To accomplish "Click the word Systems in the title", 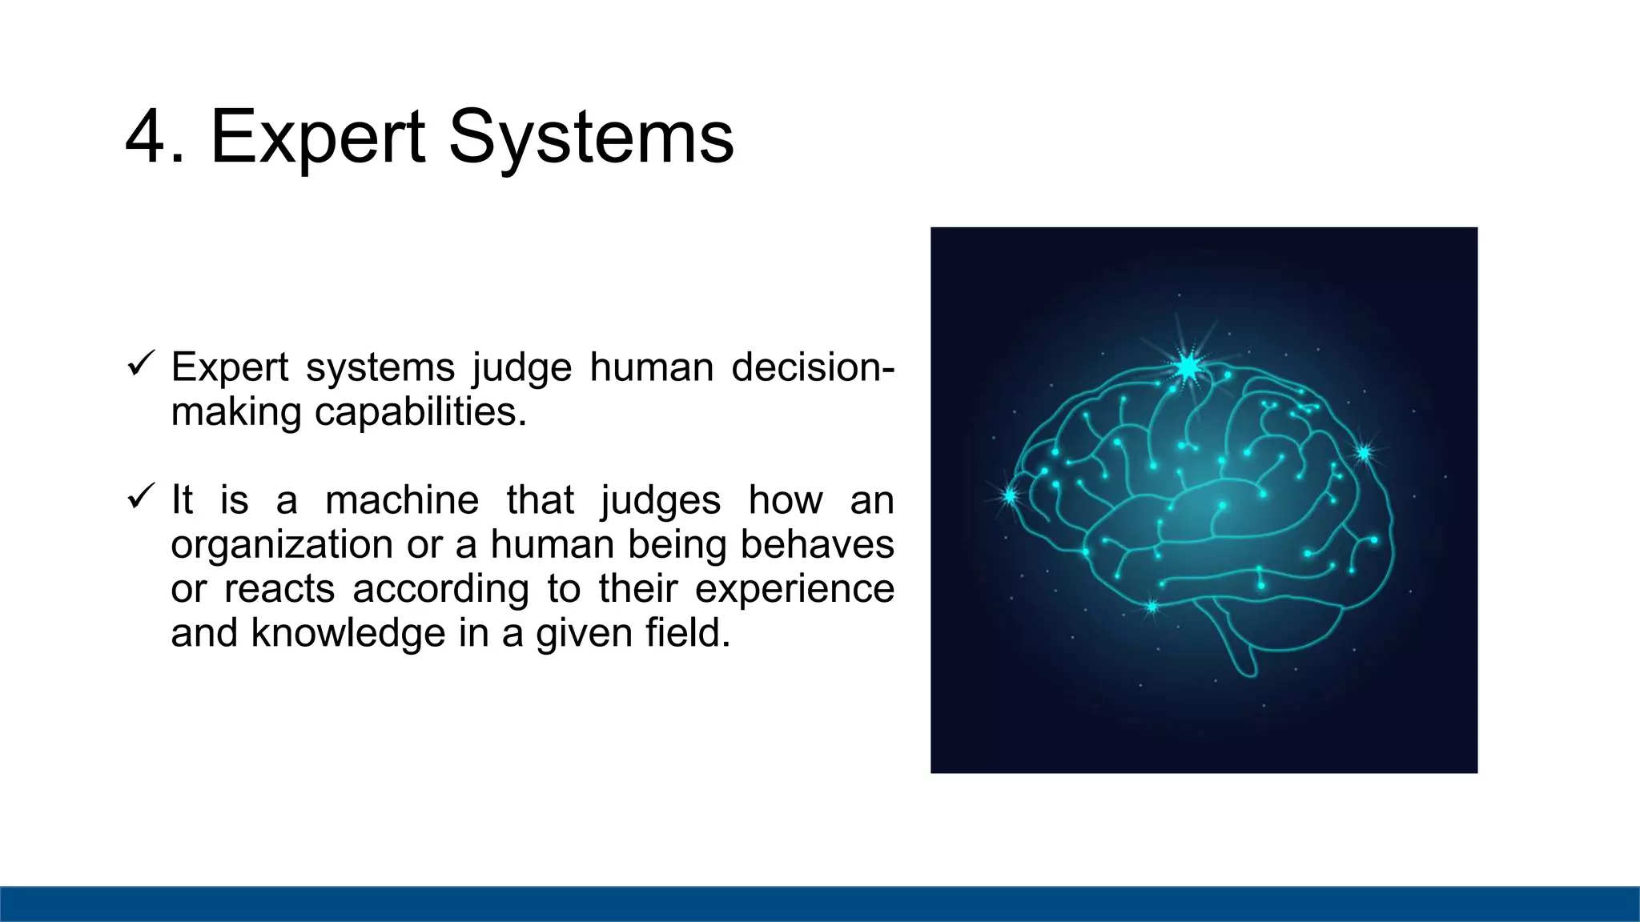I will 590,138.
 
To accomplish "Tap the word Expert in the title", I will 317,138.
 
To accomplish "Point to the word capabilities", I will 420,411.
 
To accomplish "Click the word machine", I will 402,500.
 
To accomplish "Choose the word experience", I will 794,590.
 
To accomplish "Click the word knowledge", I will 348,633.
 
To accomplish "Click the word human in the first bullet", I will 651,367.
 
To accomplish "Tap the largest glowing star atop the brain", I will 1188,367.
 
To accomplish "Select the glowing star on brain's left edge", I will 1010,496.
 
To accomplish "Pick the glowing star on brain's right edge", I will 1364,453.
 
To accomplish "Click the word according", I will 440,590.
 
